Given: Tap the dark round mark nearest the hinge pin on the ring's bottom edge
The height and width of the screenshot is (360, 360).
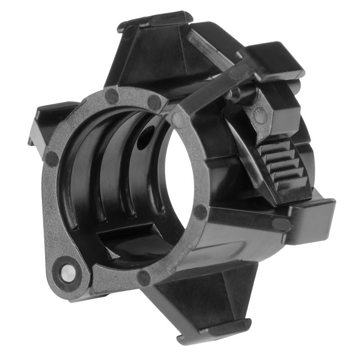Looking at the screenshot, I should [144, 278].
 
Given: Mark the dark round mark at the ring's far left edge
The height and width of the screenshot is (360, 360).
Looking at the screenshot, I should [52, 158].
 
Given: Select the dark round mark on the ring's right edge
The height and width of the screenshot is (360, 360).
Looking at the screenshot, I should [200, 211].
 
